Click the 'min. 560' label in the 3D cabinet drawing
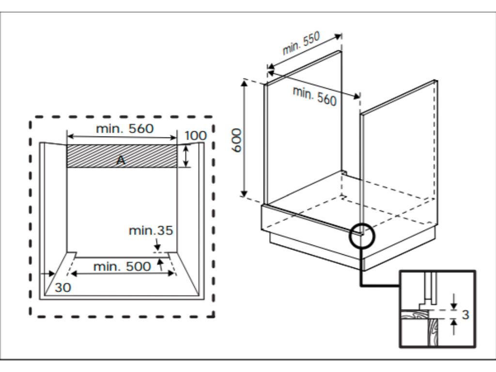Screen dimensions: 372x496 [314, 95]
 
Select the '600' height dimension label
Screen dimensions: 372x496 [236, 141]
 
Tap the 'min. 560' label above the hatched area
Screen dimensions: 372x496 [124, 128]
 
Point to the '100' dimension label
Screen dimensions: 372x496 [196, 136]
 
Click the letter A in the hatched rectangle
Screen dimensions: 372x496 [121, 160]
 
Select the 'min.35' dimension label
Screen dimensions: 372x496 [151, 231]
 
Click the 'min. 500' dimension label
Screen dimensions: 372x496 [122, 266]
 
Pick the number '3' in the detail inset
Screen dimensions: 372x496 [465, 315]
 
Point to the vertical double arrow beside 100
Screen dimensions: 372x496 [186, 155]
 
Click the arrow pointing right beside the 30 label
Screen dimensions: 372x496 [48, 274]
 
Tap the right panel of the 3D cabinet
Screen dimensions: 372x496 [398, 145]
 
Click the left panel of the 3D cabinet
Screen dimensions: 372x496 [303, 131]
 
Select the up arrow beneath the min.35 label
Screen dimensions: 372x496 [160, 264]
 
